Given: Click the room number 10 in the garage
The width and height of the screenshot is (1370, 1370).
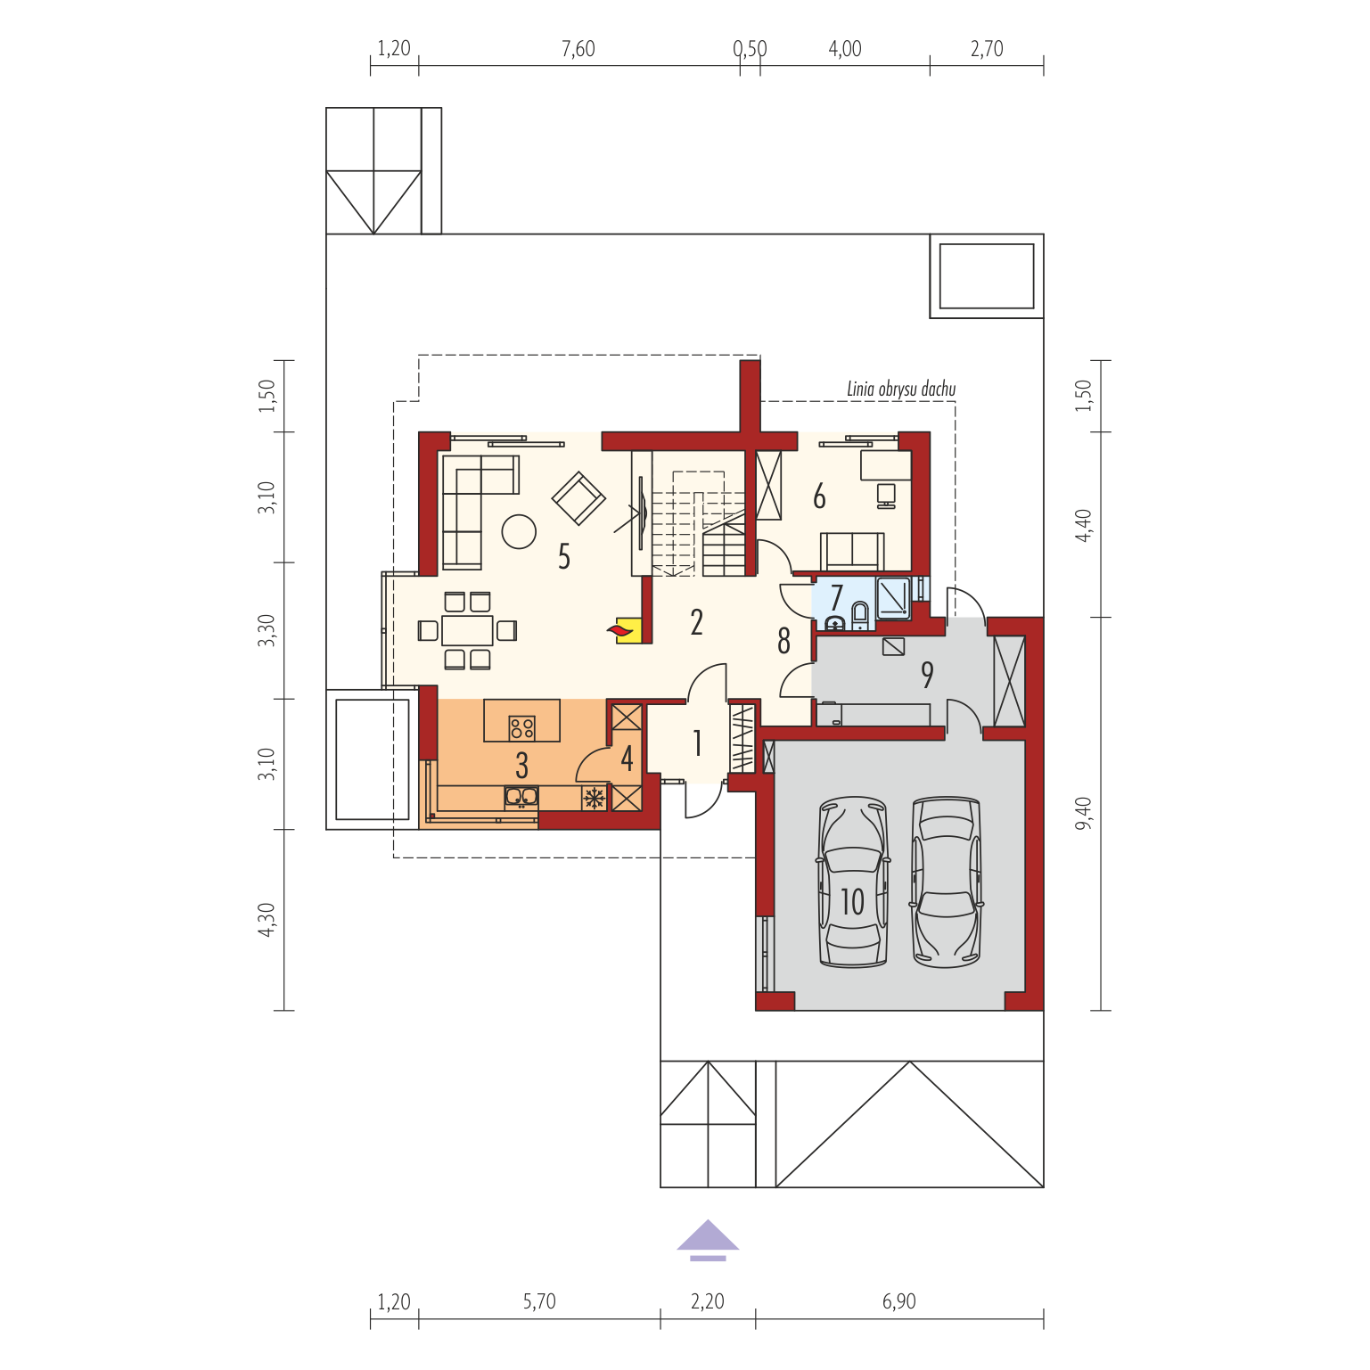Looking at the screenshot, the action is [853, 902].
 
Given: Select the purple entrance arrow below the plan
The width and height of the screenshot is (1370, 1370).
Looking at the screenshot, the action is [708, 1240].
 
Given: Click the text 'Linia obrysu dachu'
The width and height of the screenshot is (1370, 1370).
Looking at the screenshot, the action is [901, 389].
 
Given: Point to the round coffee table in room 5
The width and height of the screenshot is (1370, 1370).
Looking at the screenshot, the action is [519, 532].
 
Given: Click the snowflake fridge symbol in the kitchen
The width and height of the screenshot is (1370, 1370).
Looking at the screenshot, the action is [594, 797].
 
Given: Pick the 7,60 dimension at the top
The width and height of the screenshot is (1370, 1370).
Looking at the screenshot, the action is [578, 49].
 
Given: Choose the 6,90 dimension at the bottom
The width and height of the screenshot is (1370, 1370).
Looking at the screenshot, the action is [899, 1301].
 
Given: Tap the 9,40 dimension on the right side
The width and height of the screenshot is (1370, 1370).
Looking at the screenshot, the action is [1083, 813].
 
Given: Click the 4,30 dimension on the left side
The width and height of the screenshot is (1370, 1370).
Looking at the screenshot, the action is [267, 920].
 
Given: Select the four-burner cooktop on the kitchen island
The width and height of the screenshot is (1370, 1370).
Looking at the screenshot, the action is [522, 728].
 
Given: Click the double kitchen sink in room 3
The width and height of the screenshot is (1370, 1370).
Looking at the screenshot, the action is [521, 796].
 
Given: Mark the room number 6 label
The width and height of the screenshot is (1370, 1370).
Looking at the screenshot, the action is [819, 496].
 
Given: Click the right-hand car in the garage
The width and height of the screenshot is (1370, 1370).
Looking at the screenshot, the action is [946, 882].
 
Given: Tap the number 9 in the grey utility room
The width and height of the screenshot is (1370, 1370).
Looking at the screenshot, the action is [927, 675].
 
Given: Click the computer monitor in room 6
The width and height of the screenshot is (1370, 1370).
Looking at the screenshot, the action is [886, 496].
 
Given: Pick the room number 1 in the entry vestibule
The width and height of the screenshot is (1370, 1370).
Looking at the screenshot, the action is [697, 742].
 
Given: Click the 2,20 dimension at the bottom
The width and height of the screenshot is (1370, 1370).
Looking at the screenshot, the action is [708, 1301].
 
